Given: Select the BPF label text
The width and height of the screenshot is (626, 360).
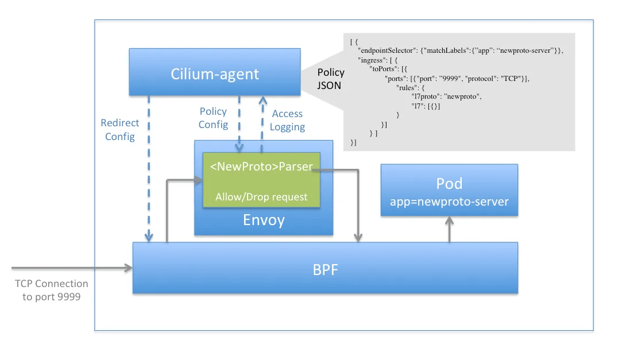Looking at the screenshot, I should tap(324, 269).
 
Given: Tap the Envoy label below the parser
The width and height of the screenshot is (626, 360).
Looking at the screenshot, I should tap(264, 220).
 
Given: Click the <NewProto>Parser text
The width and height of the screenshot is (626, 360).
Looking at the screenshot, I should tap(261, 167).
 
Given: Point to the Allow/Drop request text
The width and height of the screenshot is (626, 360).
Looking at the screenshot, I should tap(261, 197).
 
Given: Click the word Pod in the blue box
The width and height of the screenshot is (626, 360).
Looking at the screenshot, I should tap(449, 184).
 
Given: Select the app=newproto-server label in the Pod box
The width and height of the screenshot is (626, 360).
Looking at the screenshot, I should tap(449, 202).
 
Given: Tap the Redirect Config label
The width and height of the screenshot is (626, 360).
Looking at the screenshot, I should tap(119, 129).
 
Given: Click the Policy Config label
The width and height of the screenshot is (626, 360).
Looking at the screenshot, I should tap(213, 118).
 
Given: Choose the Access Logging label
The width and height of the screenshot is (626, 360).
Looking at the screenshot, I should tap(287, 121).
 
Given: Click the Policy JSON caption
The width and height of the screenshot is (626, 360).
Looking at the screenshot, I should tap(331, 79).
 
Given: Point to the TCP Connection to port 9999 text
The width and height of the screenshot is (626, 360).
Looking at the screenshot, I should tap(52, 290).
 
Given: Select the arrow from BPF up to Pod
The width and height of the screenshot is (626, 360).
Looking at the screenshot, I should tap(450, 230).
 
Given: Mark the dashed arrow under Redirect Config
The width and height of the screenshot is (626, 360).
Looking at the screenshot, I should tap(149, 172).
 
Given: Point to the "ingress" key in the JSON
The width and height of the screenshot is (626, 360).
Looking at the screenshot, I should tap(371, 60).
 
